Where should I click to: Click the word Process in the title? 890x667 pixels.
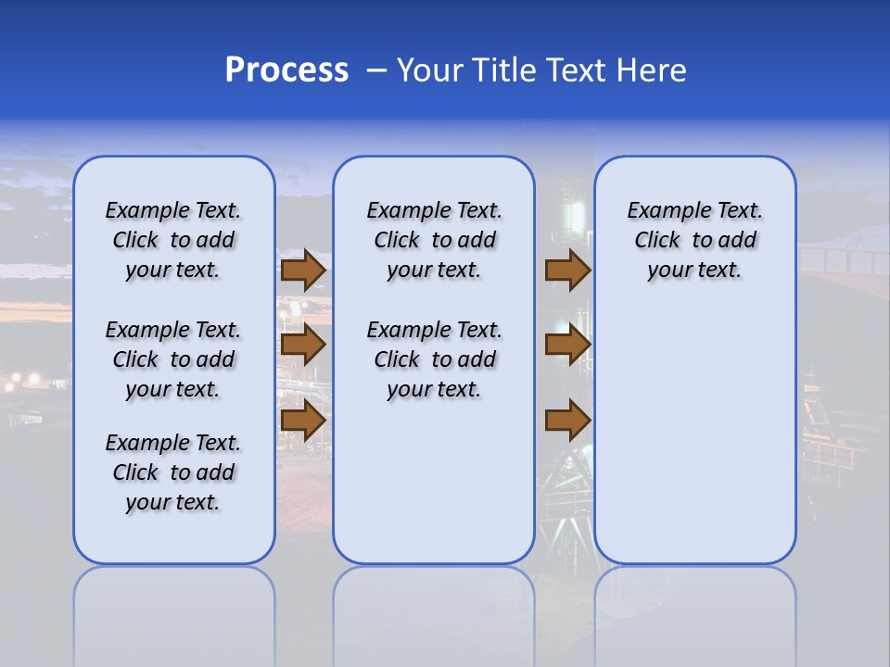pos(286,70)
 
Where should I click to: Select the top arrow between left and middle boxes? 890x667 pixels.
pos(303,271)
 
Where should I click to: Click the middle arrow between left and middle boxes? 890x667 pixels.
pos(303,345)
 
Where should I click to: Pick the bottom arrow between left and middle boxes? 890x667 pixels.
pos(303,421)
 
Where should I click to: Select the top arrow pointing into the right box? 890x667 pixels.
pos(567,271)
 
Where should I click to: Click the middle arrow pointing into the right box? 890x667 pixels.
pos(567,345)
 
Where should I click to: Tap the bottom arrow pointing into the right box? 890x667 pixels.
pos(567,421)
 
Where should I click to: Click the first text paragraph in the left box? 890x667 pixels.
pos(173,240)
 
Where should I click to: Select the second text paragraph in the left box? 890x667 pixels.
pos(173,359)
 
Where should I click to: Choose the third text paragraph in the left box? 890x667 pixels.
pos(173,472)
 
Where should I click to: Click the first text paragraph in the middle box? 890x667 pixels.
pos(435,240)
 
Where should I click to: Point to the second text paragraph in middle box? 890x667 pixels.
pos(435,359)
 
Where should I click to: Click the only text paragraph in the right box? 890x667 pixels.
pos(695,240)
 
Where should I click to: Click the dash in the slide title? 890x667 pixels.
pos(376,70)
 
